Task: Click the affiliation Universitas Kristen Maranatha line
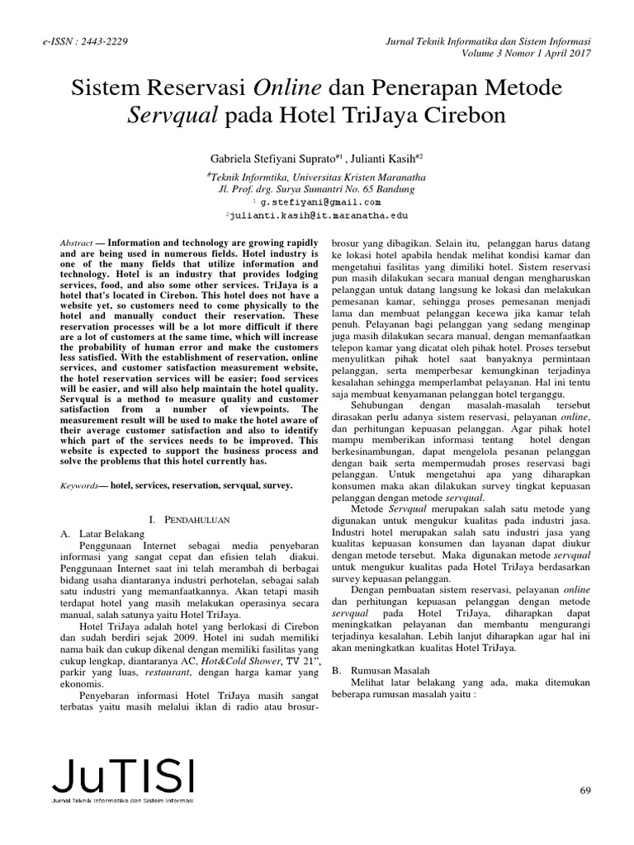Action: click(x=317, y=176)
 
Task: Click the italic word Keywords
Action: click(x=82, y=487)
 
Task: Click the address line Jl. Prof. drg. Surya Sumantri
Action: click(x=317, y=188)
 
